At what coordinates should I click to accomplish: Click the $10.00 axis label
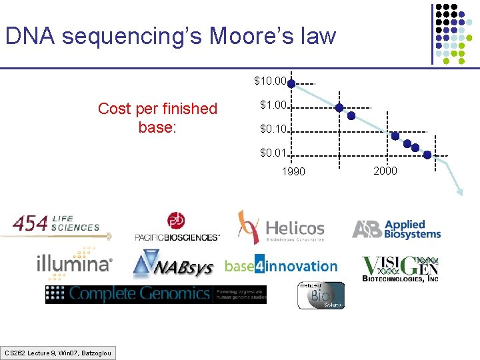(x=270, y=81)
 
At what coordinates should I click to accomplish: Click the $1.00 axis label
(x=273, y=105)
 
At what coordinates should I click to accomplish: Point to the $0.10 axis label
(x=273, y=129)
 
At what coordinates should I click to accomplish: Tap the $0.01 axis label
(x=273, y=154)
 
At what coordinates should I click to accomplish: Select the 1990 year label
(x=293, y=172)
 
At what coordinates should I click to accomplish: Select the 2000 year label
(x=385, y=171)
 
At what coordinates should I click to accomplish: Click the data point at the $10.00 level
(x=292, y=84)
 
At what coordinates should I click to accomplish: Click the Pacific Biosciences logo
(x=177, y=227)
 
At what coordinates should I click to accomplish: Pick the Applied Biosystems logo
(x=397, y=229)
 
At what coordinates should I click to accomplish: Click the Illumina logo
(x=74, y=262)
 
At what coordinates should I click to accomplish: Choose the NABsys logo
(x=173, y=266)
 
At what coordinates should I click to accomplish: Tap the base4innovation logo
(x=281, y=266)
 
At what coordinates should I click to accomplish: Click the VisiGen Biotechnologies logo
(x=400, y=268)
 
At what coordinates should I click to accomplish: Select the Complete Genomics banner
(x=155, y=293)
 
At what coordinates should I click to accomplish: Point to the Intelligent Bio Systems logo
(x=321, y=295)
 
